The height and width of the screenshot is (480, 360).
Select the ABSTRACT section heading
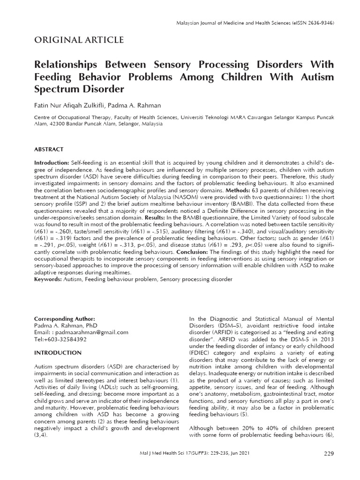[x=48, y=149]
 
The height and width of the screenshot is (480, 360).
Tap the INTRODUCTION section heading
[x=58, y=352]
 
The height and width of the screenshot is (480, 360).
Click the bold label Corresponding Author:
[x=61, y=318]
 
